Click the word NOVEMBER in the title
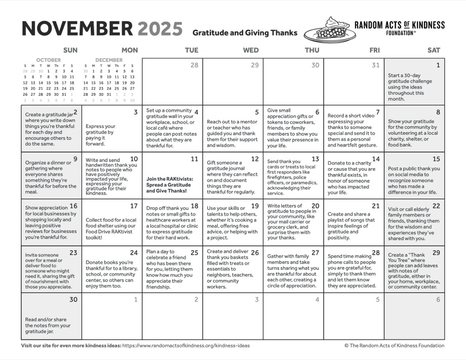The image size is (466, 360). [x=76, y=28]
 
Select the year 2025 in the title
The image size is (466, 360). [x=160, y=28]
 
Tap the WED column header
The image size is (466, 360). [x=251, y=50]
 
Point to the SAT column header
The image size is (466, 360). [x=434, y=50]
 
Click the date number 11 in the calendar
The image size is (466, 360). [x=195, y=159]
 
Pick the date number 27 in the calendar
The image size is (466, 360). [x=315, y=253]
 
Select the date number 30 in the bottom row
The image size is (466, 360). [x=73, y=299]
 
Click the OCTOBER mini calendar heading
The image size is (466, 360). [x=48, y=60]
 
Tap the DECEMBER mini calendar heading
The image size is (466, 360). [x=109, y=60]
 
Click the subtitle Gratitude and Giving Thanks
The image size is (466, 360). [x=245, y=33]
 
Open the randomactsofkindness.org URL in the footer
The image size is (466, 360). [x=186, y=346]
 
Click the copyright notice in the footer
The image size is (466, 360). [x=394, y=346]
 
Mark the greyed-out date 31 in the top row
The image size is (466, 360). [x=375, y=65]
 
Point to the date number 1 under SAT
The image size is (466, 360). [x=438, y=65]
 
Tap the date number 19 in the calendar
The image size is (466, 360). [x=255, y=206]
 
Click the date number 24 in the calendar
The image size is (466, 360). [x=134, y=253]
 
